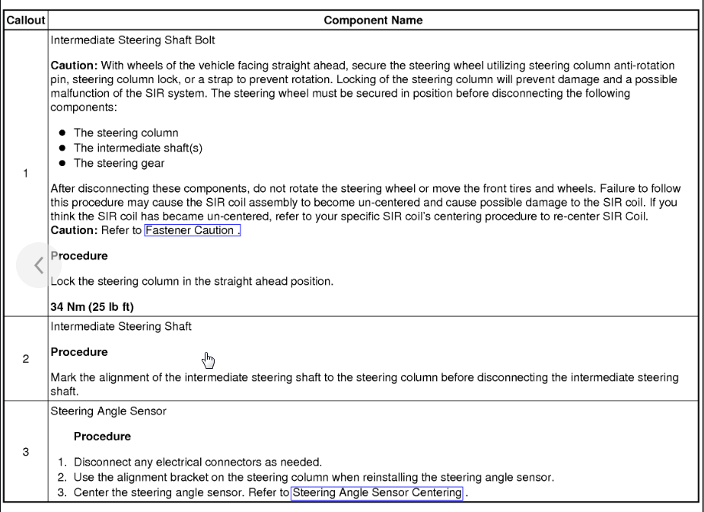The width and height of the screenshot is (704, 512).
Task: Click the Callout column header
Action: pyautogui.click(x=25, y=21)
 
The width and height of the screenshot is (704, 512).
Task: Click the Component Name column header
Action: pyautogui.click(x=373, y=21)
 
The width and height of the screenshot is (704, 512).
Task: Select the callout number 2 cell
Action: pyautogui.click(x=25, y=358)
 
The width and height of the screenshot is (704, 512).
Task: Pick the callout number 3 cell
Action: pyautogui.click(x=25, y=452)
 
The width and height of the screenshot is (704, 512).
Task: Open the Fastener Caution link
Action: pyautogui.click(x=192, y=230)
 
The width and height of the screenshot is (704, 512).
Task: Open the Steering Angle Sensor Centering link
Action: pyautogui.click(x=377, y=492)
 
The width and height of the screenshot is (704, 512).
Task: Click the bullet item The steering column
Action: pyautogui.click(x=126, y=133)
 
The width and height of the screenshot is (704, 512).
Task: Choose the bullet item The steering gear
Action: pyautogui.click(x=119, y=163)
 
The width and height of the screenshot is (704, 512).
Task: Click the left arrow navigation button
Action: pyautogui.click(x=37, y=264)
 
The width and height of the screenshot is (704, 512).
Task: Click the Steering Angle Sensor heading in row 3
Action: pyautogui.click(x=108, y=411)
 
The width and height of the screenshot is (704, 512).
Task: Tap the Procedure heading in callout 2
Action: pyautogui.click(x=79, y=352)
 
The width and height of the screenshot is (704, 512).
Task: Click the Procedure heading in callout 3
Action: pyautogui.click(x=102, y=437)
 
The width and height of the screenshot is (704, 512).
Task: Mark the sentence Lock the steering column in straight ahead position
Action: pyautogui.click(x=192, y=282)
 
